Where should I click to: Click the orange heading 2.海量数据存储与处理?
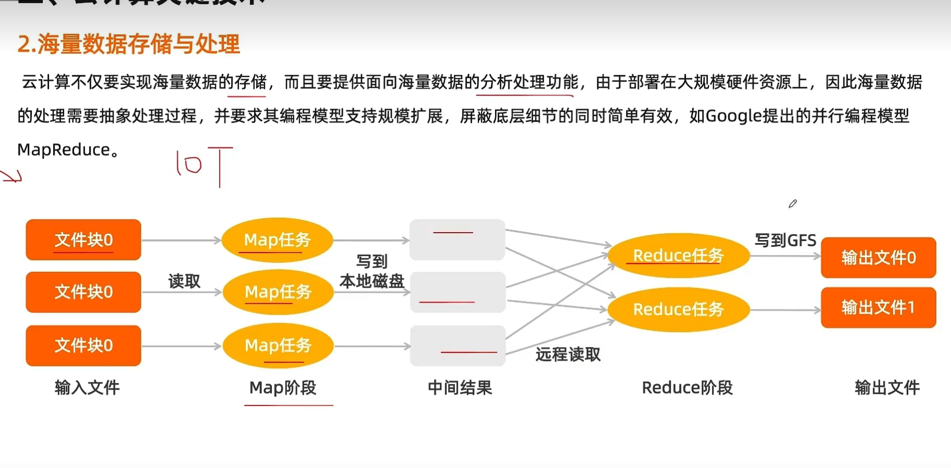click(x=128, y=44)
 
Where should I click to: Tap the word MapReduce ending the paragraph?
click(x=64, y=150)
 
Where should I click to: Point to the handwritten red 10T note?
click(x=204, y=166)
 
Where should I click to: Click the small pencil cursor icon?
click(x=792, y=203)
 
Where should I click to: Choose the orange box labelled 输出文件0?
click(x=878, y=258)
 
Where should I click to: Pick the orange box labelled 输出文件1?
click(x=878, y=308)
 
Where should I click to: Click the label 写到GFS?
click(x=785, y=241)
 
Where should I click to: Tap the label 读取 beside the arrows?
click(x=184, y=281)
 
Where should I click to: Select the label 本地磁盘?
click(x=372, y=282)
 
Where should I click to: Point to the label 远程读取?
click(x=568, y=355)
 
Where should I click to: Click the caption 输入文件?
click(x=87, y=388)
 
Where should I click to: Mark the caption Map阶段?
click(x=283, y=388)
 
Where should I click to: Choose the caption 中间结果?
click(x=460, y=388)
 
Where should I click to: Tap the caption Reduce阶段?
click(x=687, y=388)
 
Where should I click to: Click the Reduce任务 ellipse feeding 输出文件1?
click(x=678, y=309)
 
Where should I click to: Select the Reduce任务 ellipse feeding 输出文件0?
click(x=678, y=256)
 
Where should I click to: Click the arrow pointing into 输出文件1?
click(x=785, y=310)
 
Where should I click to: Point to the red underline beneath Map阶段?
click(x=288, y=405)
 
